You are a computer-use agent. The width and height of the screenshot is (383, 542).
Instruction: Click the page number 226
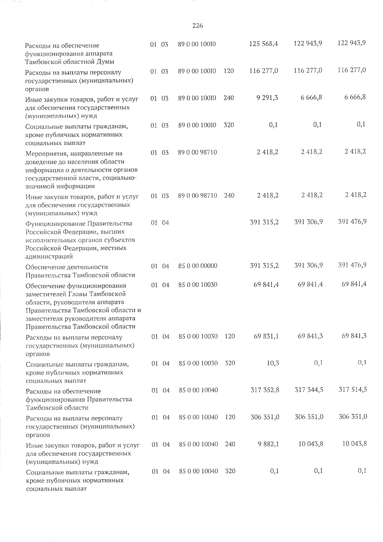pos(198,26)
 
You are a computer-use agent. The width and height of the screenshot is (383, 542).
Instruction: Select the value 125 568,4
pos(263,43)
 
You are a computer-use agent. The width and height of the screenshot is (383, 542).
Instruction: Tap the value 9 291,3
pos(267,98)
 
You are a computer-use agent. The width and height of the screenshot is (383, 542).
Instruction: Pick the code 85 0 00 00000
pos(198,266)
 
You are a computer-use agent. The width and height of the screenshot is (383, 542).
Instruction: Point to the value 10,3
pos(271,363)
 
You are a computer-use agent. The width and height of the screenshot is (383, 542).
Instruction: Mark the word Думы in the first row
pos(106,62)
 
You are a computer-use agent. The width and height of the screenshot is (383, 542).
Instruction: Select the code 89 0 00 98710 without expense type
pos(198,152)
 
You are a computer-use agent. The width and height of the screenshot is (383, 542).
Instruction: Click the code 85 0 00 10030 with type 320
pos(198,363)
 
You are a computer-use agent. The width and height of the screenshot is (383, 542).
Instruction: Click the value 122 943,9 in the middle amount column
pos(308,43)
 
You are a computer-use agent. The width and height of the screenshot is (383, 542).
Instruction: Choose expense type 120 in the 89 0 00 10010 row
pos(229,71)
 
